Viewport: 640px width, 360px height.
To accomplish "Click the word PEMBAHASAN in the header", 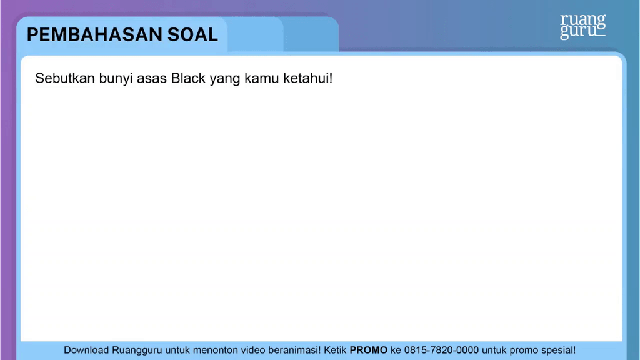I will [94, 34].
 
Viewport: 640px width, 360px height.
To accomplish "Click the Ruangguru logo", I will [582, 26].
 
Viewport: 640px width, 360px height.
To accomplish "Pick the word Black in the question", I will [190, 79].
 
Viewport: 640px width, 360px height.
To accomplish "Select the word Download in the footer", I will [87, 351].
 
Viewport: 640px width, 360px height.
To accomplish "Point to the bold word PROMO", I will [368, 351].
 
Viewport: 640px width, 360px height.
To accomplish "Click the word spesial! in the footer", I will [555, 351].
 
